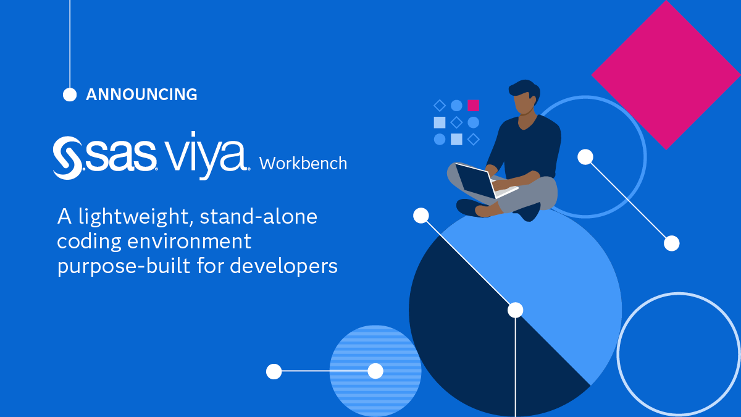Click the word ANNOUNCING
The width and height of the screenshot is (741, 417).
point(141,95)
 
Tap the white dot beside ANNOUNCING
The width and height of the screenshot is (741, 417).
point(70,95)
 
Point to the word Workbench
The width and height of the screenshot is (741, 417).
point(303,164)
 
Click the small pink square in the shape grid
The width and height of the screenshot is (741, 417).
point(473,105)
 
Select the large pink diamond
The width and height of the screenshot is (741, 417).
point(666,74)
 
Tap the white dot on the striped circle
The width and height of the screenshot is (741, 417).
point(375,371)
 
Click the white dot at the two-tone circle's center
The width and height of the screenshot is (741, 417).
point(515,310)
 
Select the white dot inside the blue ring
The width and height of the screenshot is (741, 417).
point(585,157)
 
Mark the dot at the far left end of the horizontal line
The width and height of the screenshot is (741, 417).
point(274,371)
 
